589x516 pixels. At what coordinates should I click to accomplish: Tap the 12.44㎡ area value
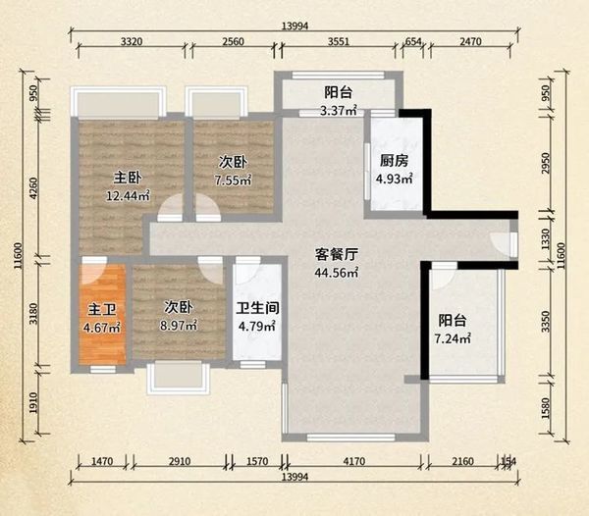coord(128,195)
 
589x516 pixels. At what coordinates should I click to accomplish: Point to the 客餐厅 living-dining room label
coord(336,255)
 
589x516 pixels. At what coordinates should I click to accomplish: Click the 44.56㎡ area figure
coord(336,273)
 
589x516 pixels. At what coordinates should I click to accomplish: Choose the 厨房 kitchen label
coord(394,161)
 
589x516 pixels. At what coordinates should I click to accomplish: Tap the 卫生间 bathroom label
coord(257,308)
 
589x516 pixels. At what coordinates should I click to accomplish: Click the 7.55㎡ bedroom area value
coord(233,181)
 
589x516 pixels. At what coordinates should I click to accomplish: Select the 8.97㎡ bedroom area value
coord(179,326)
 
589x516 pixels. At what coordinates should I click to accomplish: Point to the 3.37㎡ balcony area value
coord(338,111)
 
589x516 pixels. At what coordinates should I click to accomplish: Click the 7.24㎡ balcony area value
coord(453,338)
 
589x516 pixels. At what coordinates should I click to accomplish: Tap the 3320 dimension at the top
coord(132,41)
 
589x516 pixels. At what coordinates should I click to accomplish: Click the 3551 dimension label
coord(339,41)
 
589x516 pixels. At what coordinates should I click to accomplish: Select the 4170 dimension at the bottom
coord(353,461)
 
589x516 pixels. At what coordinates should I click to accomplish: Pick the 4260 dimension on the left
coord(33,188)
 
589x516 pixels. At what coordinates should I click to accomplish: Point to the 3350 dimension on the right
coord(546,322)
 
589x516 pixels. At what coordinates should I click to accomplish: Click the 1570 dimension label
coord(257,461)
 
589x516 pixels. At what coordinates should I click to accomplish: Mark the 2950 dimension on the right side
coord(546,163)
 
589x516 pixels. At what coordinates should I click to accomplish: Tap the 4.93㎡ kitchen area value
coord(395,179)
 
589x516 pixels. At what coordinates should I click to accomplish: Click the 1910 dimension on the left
coord(33,402)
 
